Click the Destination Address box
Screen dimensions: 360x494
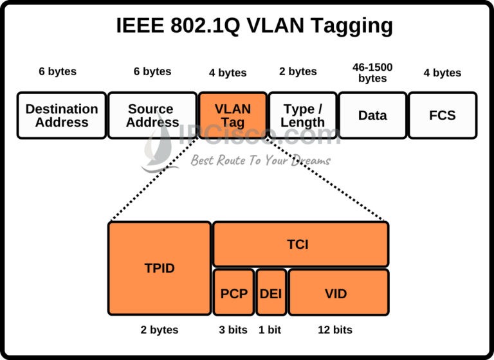pos(62,116)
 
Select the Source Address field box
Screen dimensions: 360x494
pos(152,116)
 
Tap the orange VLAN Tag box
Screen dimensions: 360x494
pos(233,116)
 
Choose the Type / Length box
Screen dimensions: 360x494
pos(302,116)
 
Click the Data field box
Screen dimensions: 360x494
pos(372,116)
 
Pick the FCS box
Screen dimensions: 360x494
pos(443,116)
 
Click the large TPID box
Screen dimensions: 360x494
pos(160,268)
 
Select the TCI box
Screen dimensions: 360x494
pos(300,244)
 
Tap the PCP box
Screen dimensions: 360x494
pos(233,292)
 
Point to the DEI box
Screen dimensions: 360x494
pos(271,292)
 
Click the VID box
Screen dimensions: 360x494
pos(338,292)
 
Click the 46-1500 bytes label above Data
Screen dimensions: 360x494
pos(372,72)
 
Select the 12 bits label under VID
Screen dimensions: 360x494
pos(335,330)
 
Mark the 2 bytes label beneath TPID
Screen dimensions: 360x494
pos(160,330)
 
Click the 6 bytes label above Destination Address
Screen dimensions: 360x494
pos(57,71)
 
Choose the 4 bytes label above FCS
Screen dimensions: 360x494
pos(442,73)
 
